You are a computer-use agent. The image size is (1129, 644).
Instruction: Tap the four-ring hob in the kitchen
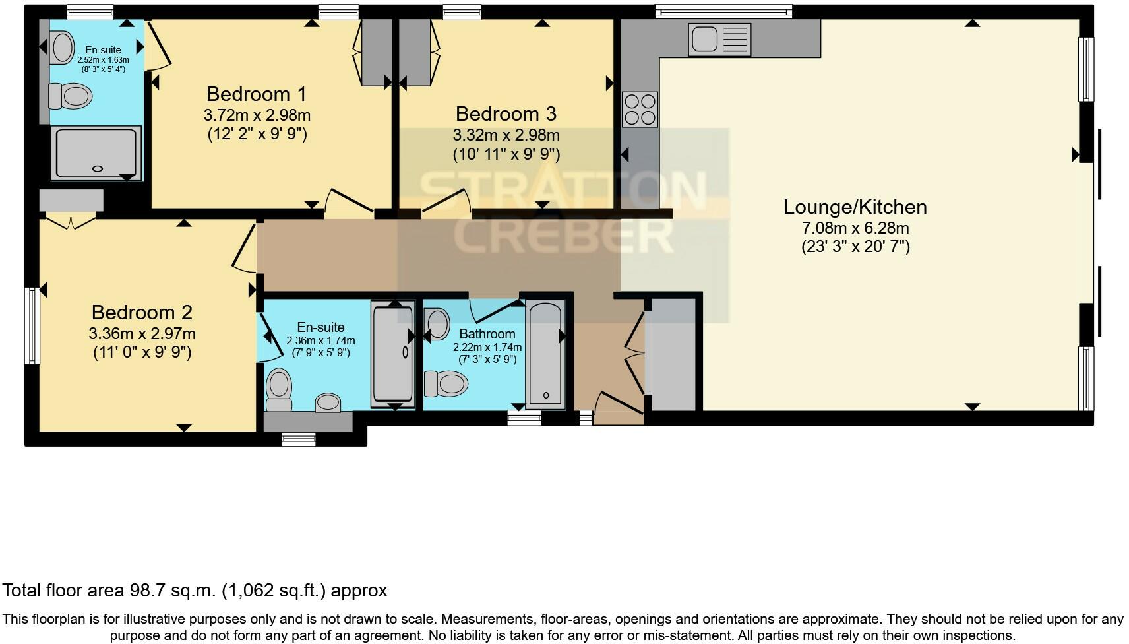click(x=640, y=110)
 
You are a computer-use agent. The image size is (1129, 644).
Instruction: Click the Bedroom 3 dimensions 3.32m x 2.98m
click(x=506, y=135)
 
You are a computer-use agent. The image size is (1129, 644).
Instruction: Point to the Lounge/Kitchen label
click(x=855, y=207)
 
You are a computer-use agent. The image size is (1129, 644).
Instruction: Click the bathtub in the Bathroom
click(x=546, y=354)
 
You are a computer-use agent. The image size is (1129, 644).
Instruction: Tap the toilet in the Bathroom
click(x=446, y=383)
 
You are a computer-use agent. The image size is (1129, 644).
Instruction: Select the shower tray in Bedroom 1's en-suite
click(x=96, y=153)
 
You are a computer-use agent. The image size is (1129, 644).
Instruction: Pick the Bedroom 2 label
click(x=142, y=312)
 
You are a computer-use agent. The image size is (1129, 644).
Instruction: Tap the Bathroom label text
click(x=487, y=334)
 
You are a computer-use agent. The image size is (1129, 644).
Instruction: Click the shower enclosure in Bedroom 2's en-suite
click(x=393, y=354)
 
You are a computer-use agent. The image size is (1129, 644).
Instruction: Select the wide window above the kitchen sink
click(x=723, y=11)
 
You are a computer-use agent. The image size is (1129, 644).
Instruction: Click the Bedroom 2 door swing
click(x=244, y=249)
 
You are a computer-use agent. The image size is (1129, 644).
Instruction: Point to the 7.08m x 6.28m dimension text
click(x=855, y=228)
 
